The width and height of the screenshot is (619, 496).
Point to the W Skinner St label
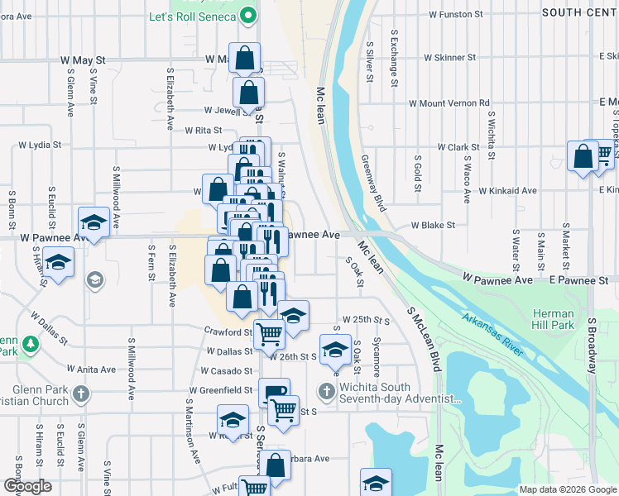(x=450, y=58)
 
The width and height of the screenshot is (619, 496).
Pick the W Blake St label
(x=434, y=225)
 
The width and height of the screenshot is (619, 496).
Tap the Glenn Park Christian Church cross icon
(x=80, y=392)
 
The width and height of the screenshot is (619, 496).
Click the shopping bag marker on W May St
(x=245, y=59)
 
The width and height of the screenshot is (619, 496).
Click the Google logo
(x=28, y=486)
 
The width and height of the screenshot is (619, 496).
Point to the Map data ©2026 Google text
(x=566, y=489)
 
